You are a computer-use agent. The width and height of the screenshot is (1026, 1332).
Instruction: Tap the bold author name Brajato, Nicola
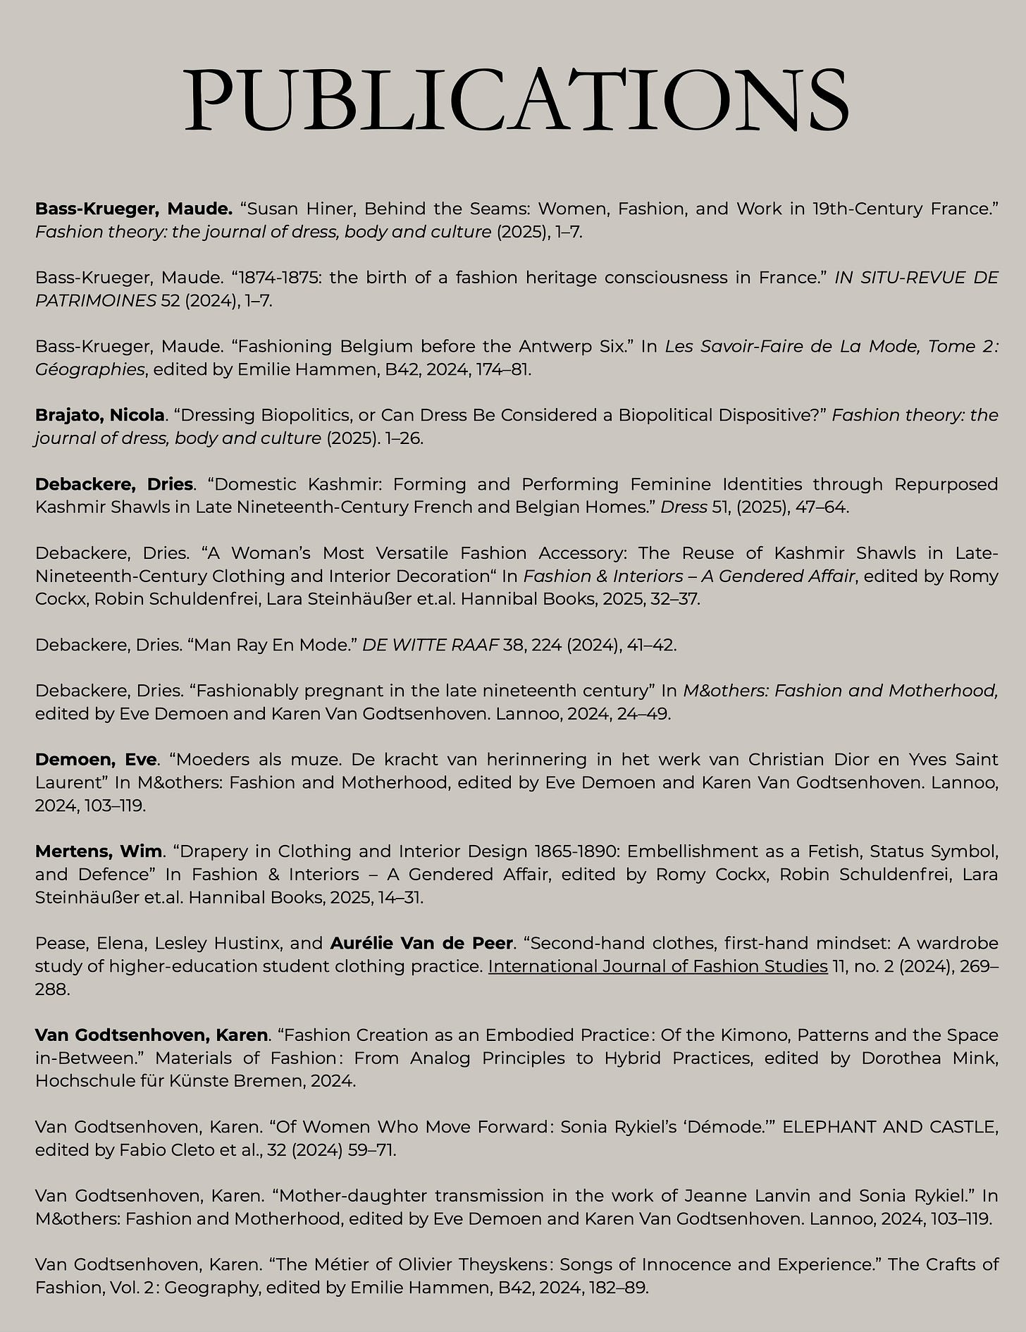tap(99, 416)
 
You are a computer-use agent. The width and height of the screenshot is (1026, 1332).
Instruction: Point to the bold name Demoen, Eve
tap(95, 760)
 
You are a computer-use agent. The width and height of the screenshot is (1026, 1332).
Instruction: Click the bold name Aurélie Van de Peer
tap(421, 943)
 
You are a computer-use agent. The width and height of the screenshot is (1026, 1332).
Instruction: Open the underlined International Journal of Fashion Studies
tap(657, 966)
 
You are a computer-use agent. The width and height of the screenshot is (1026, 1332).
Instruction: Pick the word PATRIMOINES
tap(95, 301)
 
